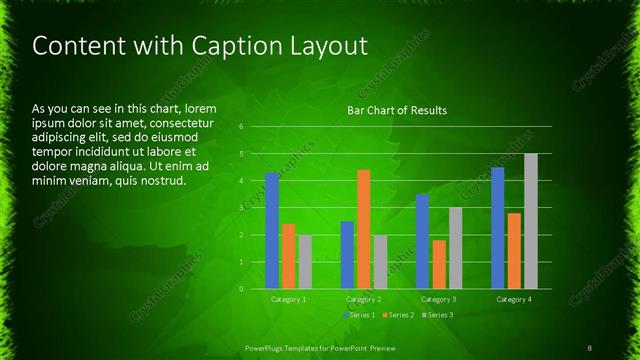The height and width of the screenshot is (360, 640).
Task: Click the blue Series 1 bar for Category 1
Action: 272,230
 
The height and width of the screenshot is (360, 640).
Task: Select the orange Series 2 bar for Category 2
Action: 363,229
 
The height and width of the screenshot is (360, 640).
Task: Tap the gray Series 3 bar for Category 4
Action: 531,221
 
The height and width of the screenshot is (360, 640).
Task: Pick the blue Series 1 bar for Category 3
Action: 422,241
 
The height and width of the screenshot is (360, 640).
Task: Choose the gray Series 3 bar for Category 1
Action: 305,261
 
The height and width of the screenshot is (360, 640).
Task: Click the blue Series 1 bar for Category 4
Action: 498,228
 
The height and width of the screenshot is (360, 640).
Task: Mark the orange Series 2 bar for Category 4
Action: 514,250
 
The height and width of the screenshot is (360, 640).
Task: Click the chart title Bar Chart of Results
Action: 397,110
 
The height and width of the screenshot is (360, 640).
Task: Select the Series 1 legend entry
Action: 361,315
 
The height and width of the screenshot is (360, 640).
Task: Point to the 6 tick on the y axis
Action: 242,127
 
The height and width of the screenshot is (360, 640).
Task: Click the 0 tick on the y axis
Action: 242,289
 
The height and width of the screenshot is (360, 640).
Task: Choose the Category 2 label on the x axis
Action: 363,299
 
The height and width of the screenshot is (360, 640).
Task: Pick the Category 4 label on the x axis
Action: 514,299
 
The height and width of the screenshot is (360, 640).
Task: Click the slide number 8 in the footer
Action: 590,347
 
